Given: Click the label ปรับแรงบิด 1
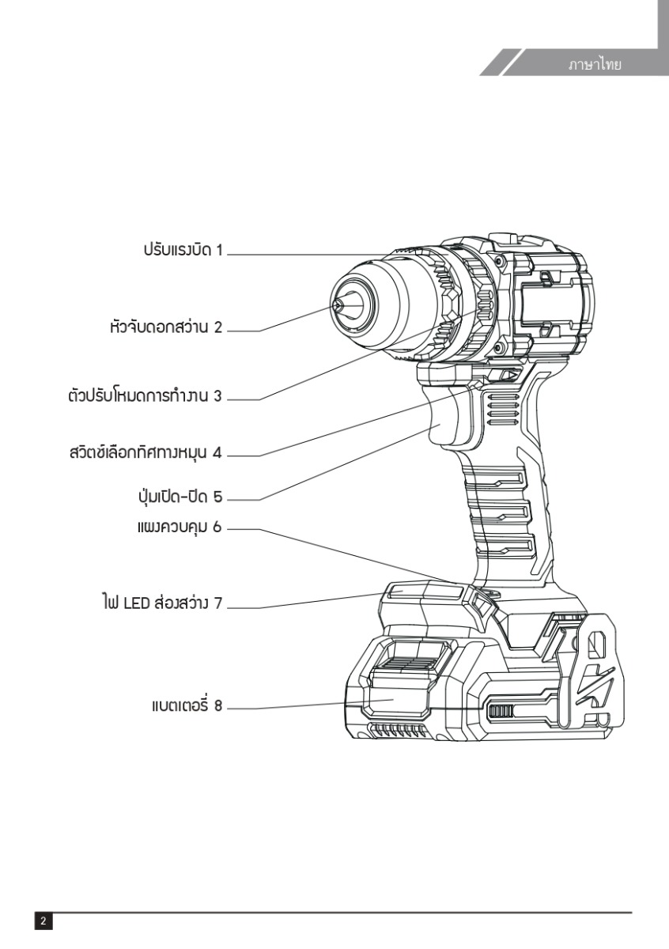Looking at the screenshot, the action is coord(183,250).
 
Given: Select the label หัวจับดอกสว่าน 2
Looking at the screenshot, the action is coord(166,327).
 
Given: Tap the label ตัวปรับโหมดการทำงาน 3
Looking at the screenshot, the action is coord(145,395).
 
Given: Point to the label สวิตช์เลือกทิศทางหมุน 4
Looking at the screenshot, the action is coord(146,452).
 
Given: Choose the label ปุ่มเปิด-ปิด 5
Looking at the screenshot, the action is coord(177,497).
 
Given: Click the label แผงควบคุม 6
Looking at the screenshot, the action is coord(180,527).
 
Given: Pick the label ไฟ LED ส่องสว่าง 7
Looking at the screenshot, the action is coord(162,603).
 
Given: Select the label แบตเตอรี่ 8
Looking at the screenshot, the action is coord(187,705).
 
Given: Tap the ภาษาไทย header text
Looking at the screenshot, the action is coord(595,65).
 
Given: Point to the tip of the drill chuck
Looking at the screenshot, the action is coord(337,304).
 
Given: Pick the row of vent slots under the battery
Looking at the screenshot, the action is coord(396,730).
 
